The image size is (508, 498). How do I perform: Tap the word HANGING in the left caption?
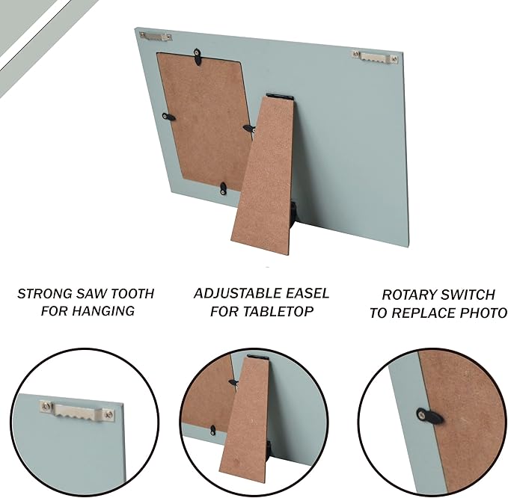[103, 311]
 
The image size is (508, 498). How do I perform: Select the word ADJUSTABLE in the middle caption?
[233, 293]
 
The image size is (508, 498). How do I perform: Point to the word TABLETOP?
[278, 311]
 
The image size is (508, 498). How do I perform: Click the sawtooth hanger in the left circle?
[77, 411]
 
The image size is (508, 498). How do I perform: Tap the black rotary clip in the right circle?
[429, 416]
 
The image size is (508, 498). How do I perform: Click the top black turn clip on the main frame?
[197, 56]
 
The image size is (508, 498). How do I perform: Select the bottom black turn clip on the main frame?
[223, 188]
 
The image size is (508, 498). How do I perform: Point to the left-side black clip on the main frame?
[168, 117]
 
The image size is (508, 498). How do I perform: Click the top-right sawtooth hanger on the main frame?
[375, 57]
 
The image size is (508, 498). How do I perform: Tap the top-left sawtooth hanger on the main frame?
[155, 36]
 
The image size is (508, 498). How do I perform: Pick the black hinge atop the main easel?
[279, 96]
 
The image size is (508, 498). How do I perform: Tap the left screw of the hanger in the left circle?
[46, 406]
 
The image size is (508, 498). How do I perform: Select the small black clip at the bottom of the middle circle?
[212, 430]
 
